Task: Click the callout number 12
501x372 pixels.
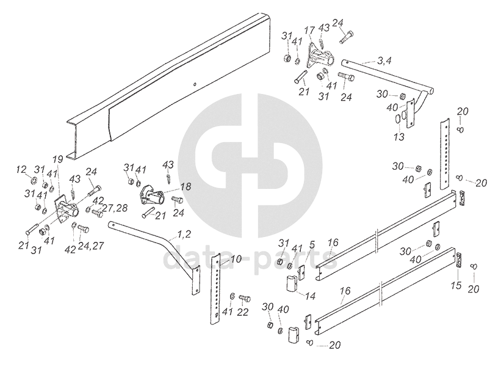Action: coord(21,169)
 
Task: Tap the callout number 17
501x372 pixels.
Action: coord(310,30)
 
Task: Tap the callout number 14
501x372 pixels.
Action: coord(311,296)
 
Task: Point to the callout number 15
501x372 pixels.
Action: coord(456,285)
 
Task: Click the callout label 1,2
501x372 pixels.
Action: coord(184,235)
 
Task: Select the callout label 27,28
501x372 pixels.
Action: coord(114,208)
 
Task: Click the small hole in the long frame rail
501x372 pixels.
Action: coord(194,84)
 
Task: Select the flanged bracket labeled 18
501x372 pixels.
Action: coord(152,197)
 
